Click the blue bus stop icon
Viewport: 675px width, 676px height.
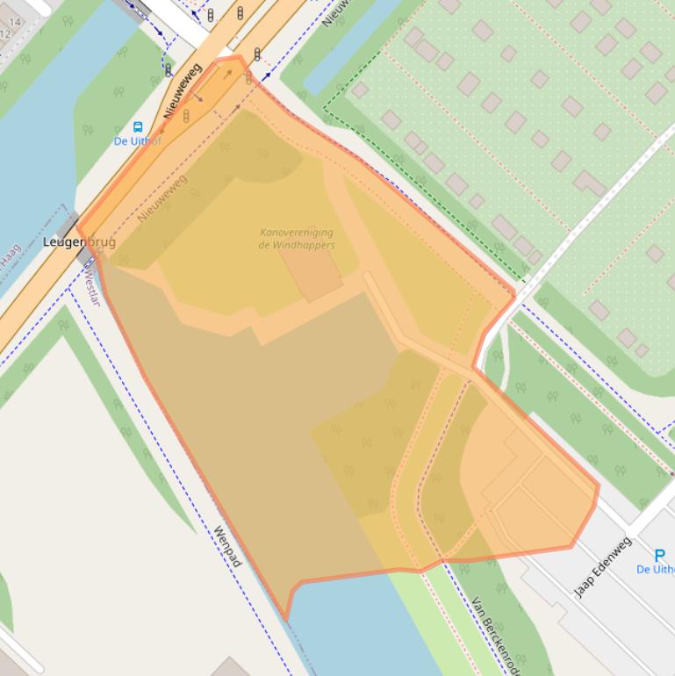coord(137,127)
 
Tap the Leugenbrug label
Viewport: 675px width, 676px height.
coord(78,242)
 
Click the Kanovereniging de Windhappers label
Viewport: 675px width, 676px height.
coord(297,239)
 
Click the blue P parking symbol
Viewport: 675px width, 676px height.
coord(660,555)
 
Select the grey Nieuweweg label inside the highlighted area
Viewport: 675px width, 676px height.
coord(162,199)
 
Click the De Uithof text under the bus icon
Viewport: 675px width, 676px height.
coord(137,141)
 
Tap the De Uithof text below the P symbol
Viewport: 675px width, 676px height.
coord(657,570)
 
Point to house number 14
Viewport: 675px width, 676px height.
coord(15,22)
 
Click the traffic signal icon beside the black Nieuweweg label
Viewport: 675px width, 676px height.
coord(186,116)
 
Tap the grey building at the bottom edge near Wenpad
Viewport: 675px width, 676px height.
coord(230,667)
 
